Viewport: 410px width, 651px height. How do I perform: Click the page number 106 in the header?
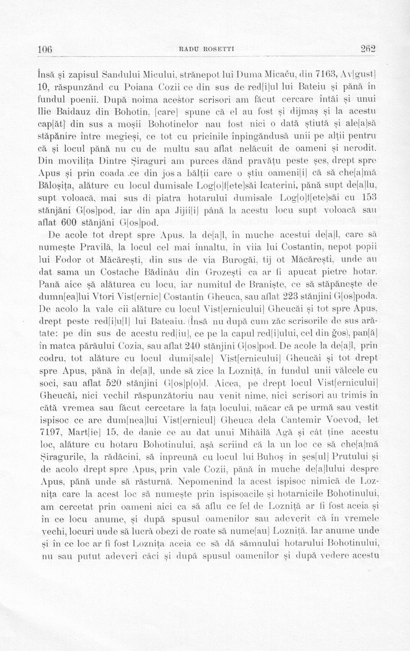coord(45,49)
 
